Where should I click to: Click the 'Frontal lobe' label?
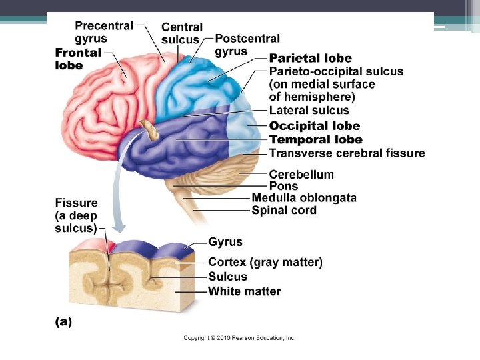[78, 59]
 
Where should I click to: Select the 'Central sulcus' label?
[181, 33]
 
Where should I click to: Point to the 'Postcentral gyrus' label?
[247, 45]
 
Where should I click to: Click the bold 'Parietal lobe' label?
[310, 59]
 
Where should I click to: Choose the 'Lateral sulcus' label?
[309, 111]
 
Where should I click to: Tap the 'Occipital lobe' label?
[314, 126]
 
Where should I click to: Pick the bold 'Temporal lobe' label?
[315, 140]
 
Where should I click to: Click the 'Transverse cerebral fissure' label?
[347, 153]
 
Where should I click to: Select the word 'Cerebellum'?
[301, 175]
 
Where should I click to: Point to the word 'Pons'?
[283, 186]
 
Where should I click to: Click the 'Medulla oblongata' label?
[303, 198]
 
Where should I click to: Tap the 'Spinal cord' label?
[284, 211]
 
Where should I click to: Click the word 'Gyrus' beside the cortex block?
[225, 242]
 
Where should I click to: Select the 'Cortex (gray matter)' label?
[265, 263]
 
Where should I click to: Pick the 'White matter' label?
[244, 291]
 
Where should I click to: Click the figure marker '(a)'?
[63, 321]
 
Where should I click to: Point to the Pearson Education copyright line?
[239, 338]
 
